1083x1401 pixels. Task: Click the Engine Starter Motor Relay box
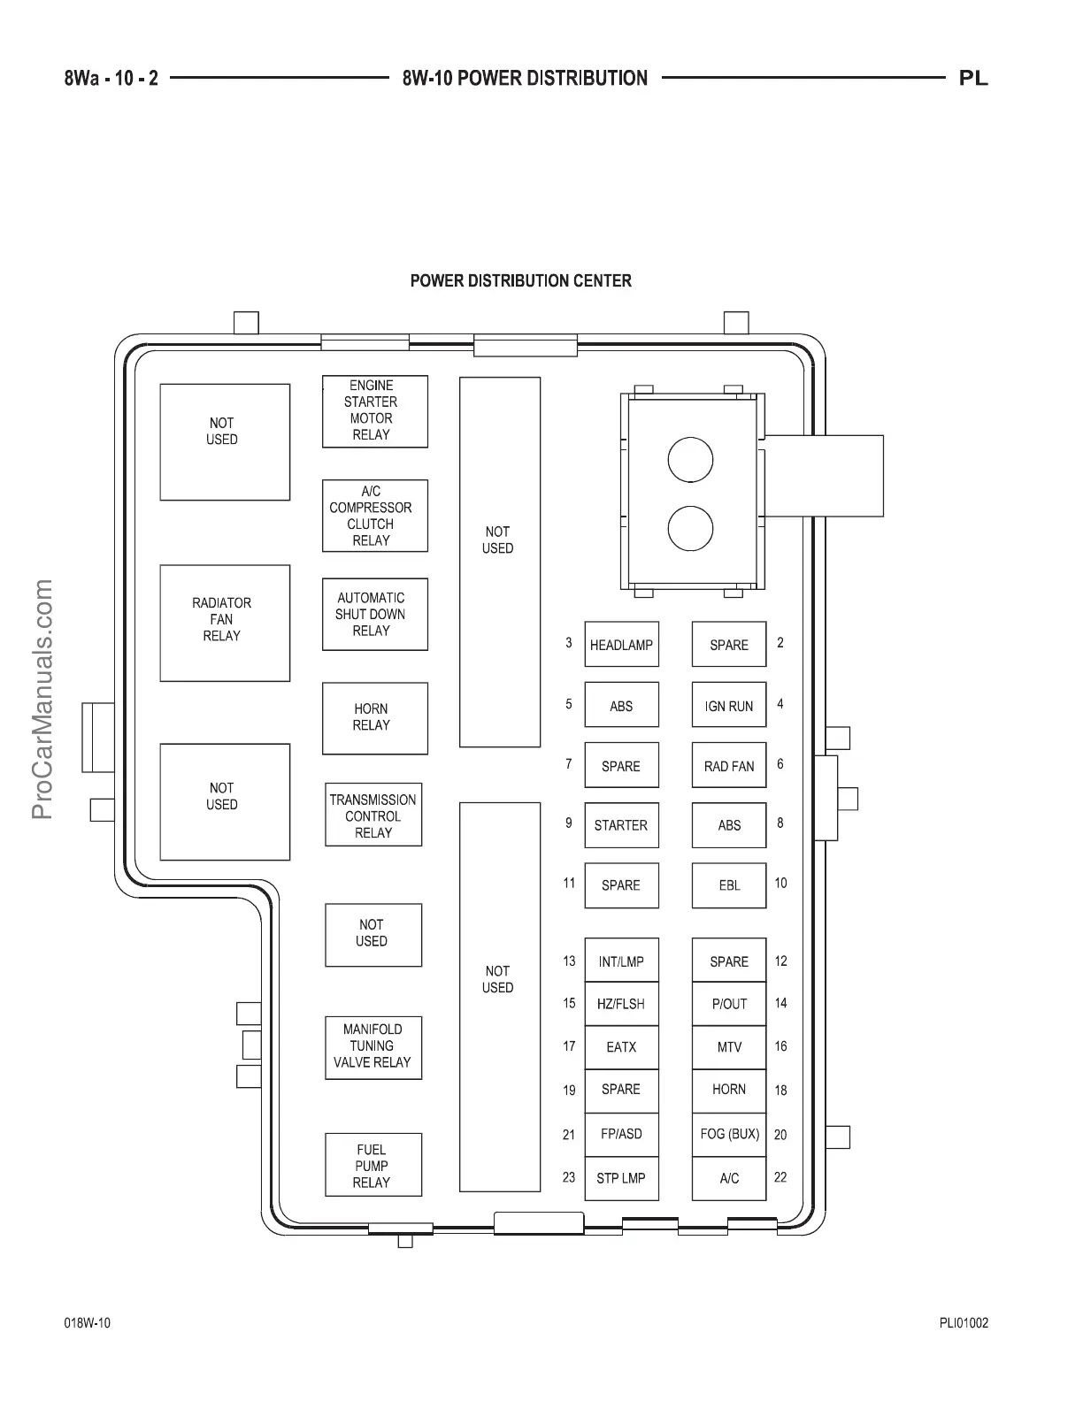tap(374, 411)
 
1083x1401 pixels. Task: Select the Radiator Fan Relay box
tap(225, 623)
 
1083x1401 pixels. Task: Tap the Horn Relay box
tap(374, 717)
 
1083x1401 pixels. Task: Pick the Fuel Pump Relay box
tap(373, 1165)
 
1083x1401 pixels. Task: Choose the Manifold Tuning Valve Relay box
tap(373, 1047)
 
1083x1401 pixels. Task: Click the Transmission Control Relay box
tap(373, 815)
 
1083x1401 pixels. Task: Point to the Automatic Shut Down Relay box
tap(374, 615)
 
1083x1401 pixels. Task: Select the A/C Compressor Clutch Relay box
tap(374, 516)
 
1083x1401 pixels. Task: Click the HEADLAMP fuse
tap(621, 645)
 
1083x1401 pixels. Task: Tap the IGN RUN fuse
tap(728, 706)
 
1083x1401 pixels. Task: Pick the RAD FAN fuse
tap(728, 766)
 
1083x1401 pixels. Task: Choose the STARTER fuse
tap(621, 825)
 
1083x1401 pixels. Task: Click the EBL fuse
tap(728, 885)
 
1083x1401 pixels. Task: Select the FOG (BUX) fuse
tap(728, 1134)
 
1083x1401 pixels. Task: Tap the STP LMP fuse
tap(621, 1178)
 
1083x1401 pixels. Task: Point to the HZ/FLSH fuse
tap(621, 1004)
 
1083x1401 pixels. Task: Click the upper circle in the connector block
tap(690, 460)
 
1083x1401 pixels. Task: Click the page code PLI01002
tap(964, 1323)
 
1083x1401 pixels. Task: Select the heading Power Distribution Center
tap(520, 281)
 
